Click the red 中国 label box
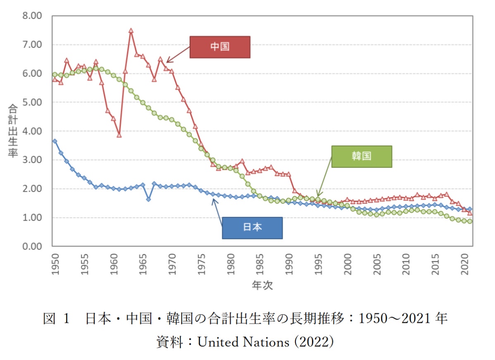click(x=220, y=47)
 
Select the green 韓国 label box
click(x=362, y=156)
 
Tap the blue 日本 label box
click(x=252, y=228)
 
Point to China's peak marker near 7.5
click(x=131, y=31)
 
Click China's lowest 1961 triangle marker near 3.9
click(x=119, y=135)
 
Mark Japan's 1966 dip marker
click(x=148, y=199)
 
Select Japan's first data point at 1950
click(x=55, y=141)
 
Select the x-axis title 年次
click(x=262, y=285)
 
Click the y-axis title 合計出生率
click(x=13, y=131)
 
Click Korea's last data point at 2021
click(x=470, y=222)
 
